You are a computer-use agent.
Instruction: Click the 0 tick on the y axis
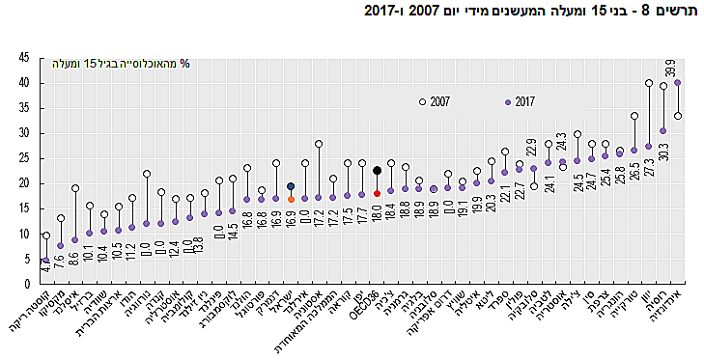pos(26,284)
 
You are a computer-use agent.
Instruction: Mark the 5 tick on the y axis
pos(26,259)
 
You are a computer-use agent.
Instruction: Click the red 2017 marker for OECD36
pos(377,193)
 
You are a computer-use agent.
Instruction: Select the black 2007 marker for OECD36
pos(377,170)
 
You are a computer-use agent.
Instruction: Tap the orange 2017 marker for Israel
pos(291,199)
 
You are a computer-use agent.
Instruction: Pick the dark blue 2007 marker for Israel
pos(291,186)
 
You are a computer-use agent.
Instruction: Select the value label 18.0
pos(377,212)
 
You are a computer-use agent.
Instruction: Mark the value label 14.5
pos(233,231)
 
